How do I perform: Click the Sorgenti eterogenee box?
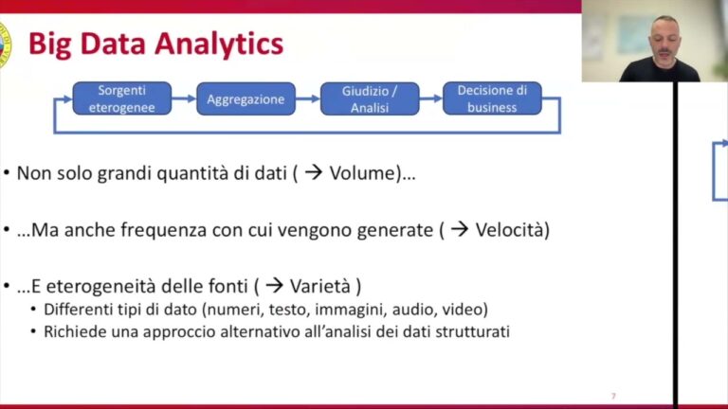pyautogui.click(x=122, y=98)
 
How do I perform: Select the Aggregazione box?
pyautogui.click(x=246, y=98)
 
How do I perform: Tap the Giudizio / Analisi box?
pyautogui.click(x=369, y=98)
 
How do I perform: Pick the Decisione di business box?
pyautogui.click(x=492, y=98)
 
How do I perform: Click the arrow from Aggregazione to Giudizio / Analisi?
pyautogui.click(x=306, y=98)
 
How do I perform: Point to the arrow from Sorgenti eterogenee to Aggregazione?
pyautogui.click(x=184, y=98)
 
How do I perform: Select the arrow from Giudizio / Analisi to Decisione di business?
pyautogui.click(x=430, y=98)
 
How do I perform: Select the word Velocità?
pyautogui.click(x=512, y=230)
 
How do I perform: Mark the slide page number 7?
pyautogui.click(x=613, y=395)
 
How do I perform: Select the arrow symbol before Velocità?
pyautogui.click(x=459, y=230)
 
